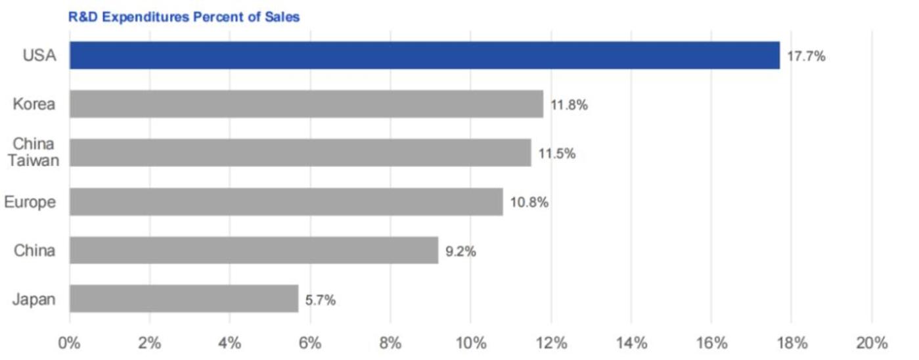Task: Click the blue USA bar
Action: (x=424, y=55)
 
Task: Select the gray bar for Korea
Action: (x=306, y=104)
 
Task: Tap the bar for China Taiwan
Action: (x=300, y=152)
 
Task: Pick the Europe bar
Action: (x=286, y=202)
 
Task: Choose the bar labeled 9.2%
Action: (x=254, y=250)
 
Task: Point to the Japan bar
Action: (x=184, y=299)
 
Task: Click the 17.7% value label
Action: (x=806, y=56)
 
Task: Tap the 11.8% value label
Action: (x=569, y=105)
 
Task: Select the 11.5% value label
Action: (x=557, y=154)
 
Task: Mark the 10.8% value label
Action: (x=529, y=202)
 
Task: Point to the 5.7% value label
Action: (x=321, y=300)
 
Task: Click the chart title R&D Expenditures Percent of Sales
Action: (x=184, y=17)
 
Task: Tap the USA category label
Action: (x=39, y=56)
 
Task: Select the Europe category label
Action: (x=30, y=202)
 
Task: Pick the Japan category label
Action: (x=34, y=300)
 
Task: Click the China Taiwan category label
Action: (x=34, y=152)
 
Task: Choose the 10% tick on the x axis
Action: (x=470, y=343)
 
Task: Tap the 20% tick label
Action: (x=872, y=343)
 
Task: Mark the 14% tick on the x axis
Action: (x=631, y=343)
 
